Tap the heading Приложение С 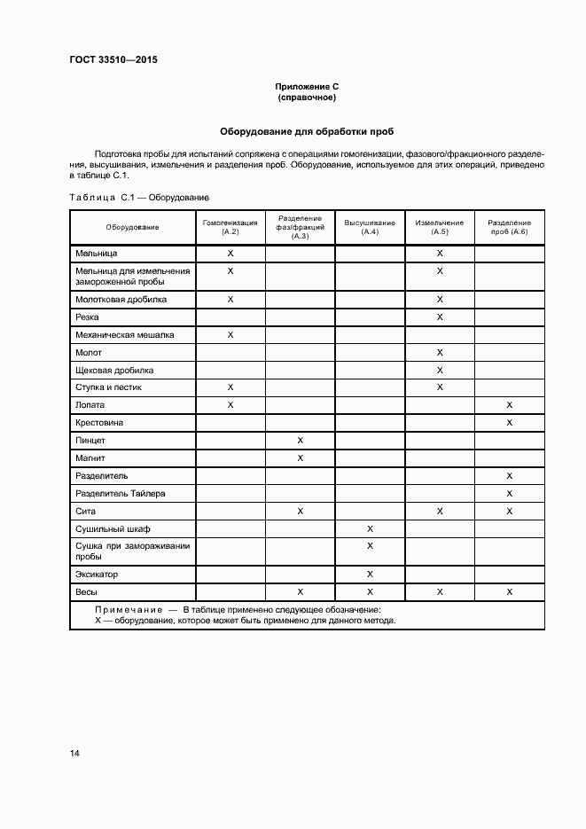[x=307, y=87]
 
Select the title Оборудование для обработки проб [x=307, y=131]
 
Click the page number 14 [x=74, y=753]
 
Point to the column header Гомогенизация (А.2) [x=230, y=227]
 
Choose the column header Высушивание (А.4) [x=370, y=227]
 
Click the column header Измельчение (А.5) [x=440, y=227]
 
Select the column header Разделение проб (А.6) [x=509, y=227]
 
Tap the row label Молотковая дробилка [x=121, y=300]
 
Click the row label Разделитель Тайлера [x=121, y=493]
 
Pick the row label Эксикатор [x=98, y=575]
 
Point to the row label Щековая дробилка [x=115, y=370]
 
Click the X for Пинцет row [x=301, y=441]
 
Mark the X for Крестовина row [x=509, y=423]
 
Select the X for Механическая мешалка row [x=230, y=335]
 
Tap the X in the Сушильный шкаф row [x=370, y=528]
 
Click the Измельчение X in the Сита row [x=440, y=511]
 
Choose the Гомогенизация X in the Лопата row [x=230, y=405]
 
